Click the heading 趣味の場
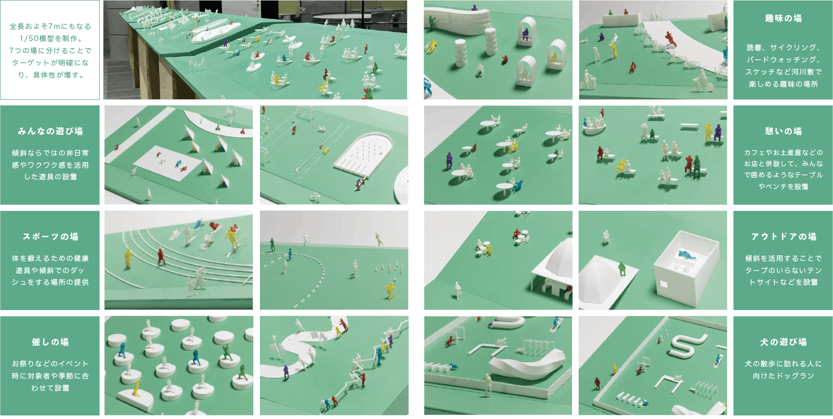pos(783,18)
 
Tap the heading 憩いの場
pos(783,131)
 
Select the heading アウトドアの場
pos(783,237)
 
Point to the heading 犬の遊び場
pos(783,342)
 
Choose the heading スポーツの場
pos(50,237)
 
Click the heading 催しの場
pos(50,342)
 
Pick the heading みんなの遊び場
pos(50,131)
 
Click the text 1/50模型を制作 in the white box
pos(47,39)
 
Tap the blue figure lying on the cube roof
pos(686,255)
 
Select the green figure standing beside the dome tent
pos(622,269)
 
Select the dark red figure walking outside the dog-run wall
pos(597,384)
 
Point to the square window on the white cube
pos(663,285)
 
